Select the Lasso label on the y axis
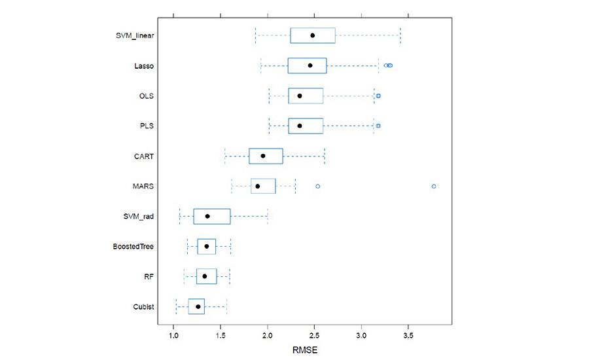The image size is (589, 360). pos(144,65)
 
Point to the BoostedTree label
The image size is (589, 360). pos(134,246)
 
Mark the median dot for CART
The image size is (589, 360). pos(263,156)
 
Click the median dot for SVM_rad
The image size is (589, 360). pos(207,216)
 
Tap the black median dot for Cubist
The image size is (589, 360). pos(198,306)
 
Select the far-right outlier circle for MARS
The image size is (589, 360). pos(434,186)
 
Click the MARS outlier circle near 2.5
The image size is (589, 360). pos(318,186)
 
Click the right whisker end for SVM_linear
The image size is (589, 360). pos(401,35)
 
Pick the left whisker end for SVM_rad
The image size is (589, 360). pos(180,216)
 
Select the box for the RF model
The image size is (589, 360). pos(206,276)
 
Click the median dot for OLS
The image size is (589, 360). pos(300,96)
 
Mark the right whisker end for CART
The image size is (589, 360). pos(325,156)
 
